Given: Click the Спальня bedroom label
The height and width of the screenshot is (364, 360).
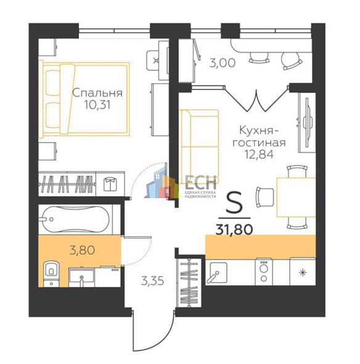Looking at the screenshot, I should pos(97,93).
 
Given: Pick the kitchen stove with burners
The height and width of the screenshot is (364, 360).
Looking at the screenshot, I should pos(264,270).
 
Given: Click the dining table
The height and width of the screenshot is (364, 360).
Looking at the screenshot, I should pos(295,196).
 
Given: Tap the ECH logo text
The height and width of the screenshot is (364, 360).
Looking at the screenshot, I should pos(200,182).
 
